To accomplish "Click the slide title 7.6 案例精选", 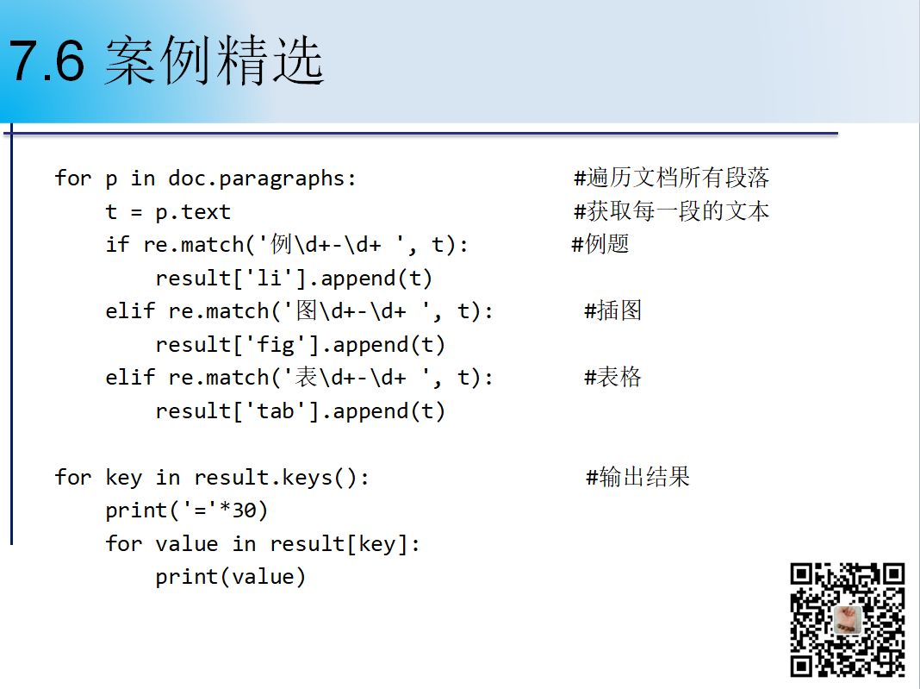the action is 166,60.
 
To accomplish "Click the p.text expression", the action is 193,212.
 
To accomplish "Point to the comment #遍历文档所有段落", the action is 671,178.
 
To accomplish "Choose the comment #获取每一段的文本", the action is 671,211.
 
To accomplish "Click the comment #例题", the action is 600,244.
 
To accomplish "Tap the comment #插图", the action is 613,310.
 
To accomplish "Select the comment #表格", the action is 613,377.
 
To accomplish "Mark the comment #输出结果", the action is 637,476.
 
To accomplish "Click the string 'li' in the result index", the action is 270,278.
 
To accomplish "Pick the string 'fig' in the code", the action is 275,344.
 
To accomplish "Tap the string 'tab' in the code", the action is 275,410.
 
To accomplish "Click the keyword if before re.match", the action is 117,244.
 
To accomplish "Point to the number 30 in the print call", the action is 244,510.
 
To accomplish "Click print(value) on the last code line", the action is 231,577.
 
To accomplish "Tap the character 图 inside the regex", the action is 307,310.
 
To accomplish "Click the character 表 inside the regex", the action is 307,377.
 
